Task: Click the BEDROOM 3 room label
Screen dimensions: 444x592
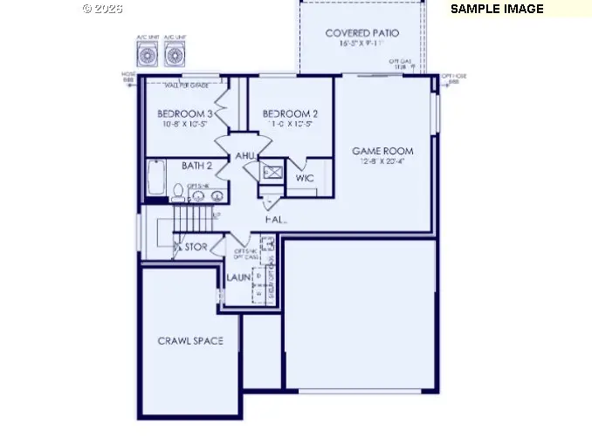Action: coord(185,113)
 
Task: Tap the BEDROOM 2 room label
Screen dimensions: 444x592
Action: coord(290,113)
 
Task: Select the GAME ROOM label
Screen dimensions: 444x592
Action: coord(382,151)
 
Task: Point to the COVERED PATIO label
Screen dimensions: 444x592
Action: coord(361,33)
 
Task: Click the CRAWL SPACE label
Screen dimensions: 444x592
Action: coord(190,340)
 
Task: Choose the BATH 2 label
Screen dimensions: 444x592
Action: coord(197,165)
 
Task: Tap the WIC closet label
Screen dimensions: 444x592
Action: coord(304,178)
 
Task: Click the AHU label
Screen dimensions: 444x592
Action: coord(244,156)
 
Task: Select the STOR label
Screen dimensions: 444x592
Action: coord(196,247)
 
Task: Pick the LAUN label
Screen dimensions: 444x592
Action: coord(239,277)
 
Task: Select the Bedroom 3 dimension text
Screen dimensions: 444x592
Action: coord(185,124)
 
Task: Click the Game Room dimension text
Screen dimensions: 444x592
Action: coord(382,161)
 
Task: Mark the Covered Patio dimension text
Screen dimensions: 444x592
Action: coord(361,43)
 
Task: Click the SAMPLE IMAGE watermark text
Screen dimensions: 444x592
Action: coord(497,9)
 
